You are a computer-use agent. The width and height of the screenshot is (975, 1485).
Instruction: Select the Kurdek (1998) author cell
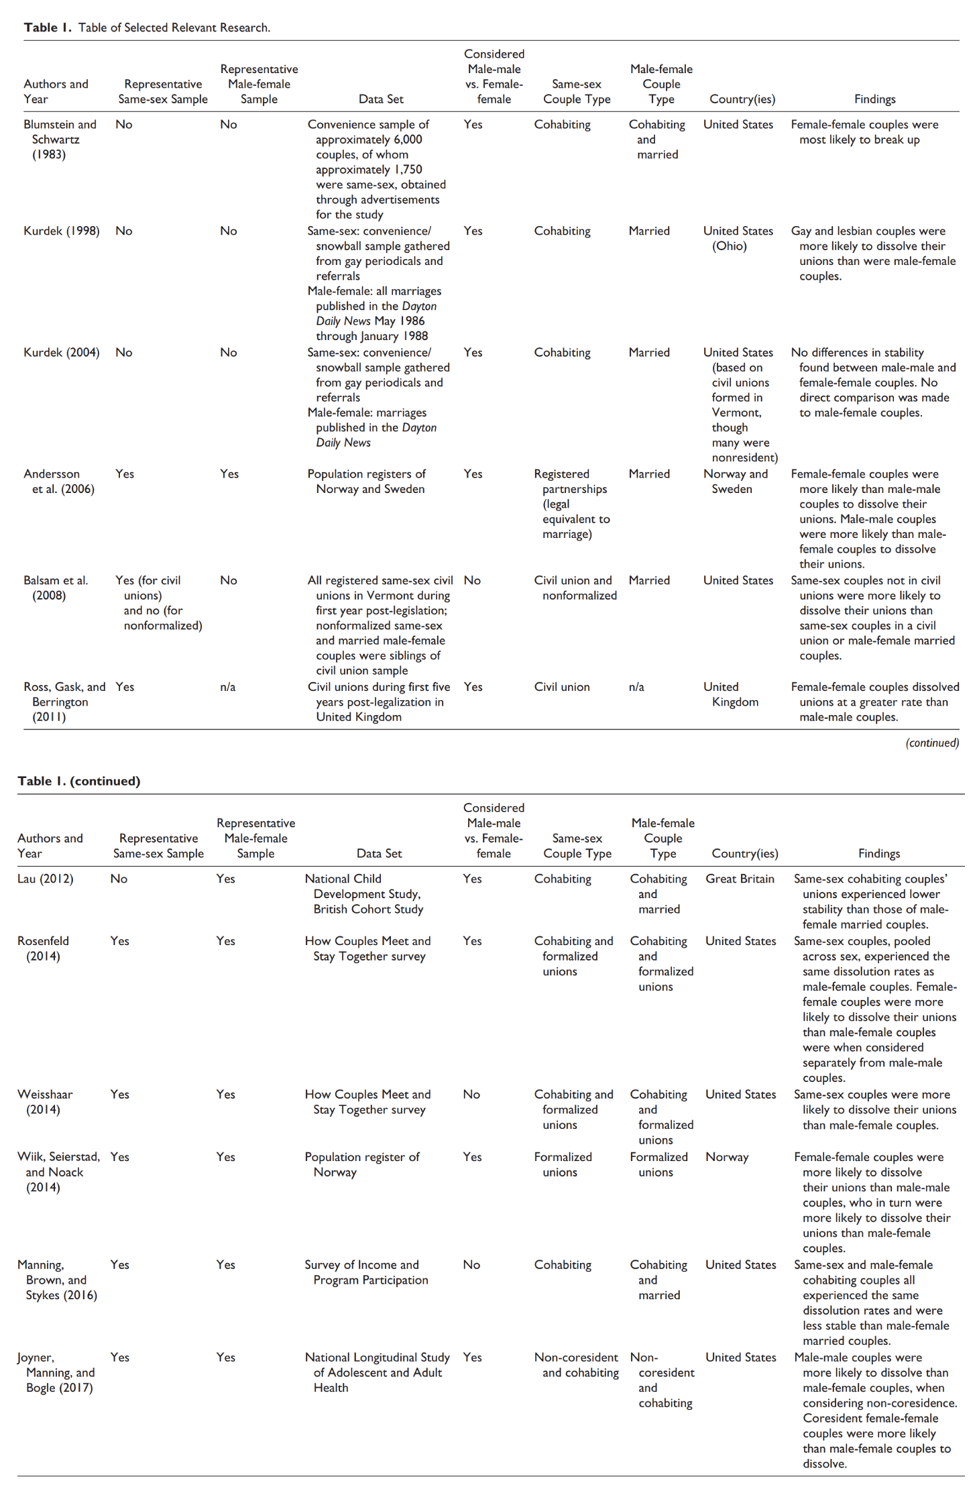(61, 231)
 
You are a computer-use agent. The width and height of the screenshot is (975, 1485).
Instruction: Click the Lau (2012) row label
(46, 879)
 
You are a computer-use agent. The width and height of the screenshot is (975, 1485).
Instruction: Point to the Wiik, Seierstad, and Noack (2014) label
(58, 1172)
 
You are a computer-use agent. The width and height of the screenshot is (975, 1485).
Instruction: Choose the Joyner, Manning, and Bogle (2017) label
(56, 1372)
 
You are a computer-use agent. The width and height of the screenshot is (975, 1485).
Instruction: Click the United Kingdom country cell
(730, 694)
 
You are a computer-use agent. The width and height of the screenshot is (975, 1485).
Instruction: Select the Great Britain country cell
(740, 879)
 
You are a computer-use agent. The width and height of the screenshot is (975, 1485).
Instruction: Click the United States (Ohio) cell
(738, 239)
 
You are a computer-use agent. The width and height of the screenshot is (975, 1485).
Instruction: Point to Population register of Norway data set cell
(361, 1164)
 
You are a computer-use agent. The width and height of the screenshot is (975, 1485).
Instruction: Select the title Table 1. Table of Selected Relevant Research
(147, 27)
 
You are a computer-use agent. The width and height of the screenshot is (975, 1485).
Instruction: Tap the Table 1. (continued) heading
(79, 781)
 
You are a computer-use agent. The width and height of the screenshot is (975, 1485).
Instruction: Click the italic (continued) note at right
(931, 743)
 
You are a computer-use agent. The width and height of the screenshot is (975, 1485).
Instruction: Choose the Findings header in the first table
(874, 99)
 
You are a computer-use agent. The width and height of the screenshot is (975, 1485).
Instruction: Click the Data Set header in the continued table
(379, 853)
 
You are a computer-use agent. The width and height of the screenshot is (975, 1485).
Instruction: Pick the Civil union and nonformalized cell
(575, 588)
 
